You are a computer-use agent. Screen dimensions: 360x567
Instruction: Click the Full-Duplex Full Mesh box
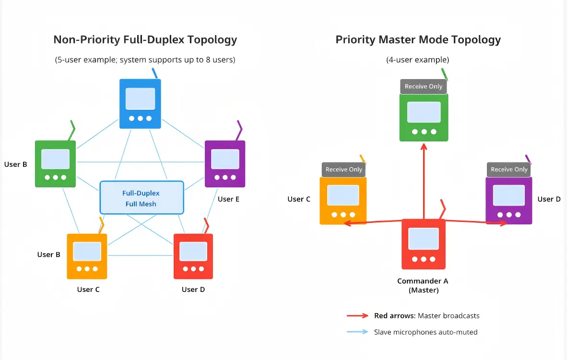pyautogui.click(x=142, y=197)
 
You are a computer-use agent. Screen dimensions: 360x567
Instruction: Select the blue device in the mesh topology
pyautogui.click(x=140, y=104)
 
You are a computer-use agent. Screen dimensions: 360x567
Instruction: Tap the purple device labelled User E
pyautogui.click(x=224, y=163)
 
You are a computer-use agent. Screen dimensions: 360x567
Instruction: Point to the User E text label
pyautogui.click(x=228, y=199)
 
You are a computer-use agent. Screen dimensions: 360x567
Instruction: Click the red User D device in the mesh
pyautogui.click(x=193, y=256)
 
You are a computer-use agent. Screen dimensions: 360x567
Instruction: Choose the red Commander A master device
pyautogui.click(x=423, y=244)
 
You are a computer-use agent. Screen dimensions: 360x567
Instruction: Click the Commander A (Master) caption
pyautogui.click(x=423, y=286)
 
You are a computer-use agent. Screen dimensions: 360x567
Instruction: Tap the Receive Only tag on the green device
pyautogui.click(x=423, y=87)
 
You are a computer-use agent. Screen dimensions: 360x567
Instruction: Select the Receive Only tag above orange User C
pyautogui.click(x=343, y=170)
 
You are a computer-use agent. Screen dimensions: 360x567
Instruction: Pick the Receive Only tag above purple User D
pyautogui.click(x=509, y=170)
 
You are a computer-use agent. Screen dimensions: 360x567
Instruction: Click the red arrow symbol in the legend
pyautogui.click(x=357, y=316)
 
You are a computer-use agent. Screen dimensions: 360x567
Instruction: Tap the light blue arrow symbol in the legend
pyautogui.click(x=357, y=332)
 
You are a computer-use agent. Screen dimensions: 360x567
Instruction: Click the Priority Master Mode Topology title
pyautogui.click(x=418, y=40)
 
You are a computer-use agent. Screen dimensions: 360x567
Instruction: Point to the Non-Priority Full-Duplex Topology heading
pyautogui.click(x=145, y=40)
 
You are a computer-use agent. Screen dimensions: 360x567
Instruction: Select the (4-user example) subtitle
pyautogui.click(x=417, y=60)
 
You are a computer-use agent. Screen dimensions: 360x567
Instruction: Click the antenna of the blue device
pyautogui.click(x=154, y=73)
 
